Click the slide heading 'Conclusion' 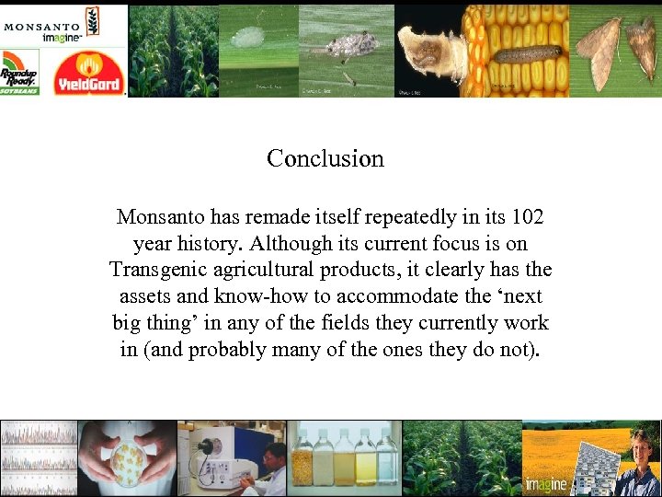[x=325, y=158]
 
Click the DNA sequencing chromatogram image [x=38, y=457]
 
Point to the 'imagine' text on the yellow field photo [x=546, y=484]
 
